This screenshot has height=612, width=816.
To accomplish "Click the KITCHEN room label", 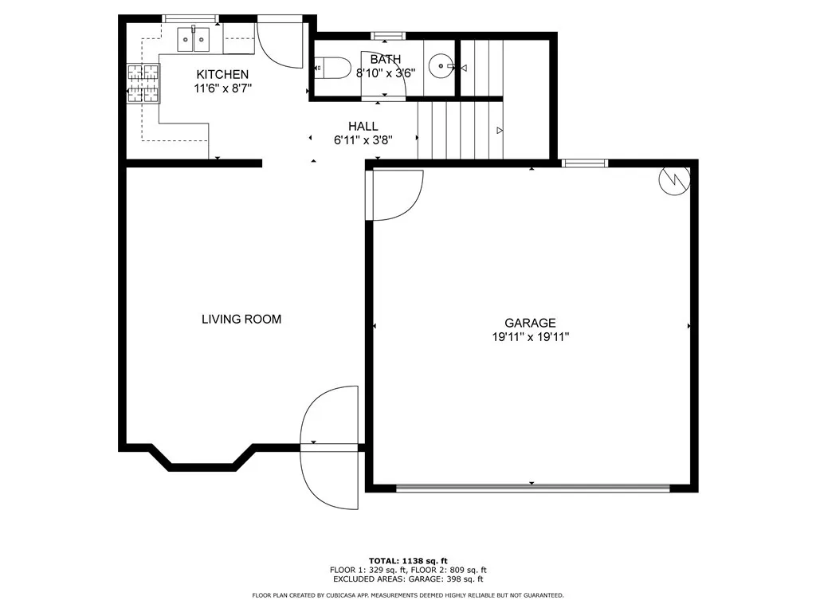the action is (222, 74).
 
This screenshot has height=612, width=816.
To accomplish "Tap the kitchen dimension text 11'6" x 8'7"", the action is (223, 88).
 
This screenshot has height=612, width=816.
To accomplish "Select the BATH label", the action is (386, 59).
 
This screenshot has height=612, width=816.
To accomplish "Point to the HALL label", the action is (363, 126).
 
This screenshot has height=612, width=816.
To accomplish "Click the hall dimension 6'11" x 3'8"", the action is (363, 140).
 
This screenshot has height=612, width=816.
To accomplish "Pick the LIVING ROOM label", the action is (241, 319).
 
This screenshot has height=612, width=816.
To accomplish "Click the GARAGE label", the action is (530, 323).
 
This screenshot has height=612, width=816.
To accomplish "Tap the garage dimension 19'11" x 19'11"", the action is (530, 337).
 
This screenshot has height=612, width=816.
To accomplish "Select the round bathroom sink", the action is (441, 66).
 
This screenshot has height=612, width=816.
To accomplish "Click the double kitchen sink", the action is (194, 40).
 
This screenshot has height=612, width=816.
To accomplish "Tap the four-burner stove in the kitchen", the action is (143, 83).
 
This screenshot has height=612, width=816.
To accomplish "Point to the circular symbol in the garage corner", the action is (674, 180).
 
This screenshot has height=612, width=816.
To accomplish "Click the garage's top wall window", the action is (584, 163).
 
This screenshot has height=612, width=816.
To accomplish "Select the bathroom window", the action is (388, 36).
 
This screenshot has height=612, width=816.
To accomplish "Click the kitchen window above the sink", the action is (190, 19).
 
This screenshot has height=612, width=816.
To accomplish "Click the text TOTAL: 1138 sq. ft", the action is (408, 560).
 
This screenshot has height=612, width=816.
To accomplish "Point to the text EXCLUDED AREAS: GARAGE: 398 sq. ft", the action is (408, 579).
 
